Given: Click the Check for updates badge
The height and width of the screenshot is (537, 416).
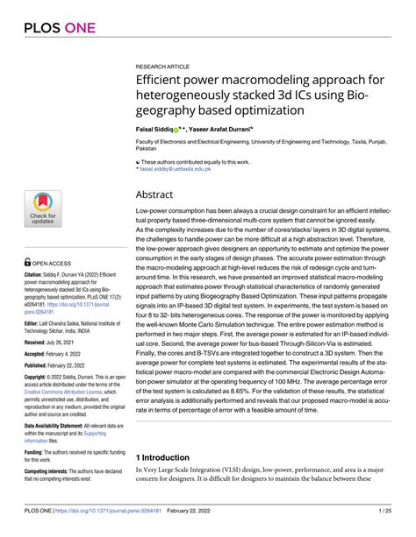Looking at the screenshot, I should (x=43, y=208).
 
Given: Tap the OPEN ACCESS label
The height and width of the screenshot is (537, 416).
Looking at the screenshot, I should (x=54, y=261).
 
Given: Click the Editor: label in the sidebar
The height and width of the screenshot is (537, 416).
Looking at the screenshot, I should (x=36, y=321).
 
